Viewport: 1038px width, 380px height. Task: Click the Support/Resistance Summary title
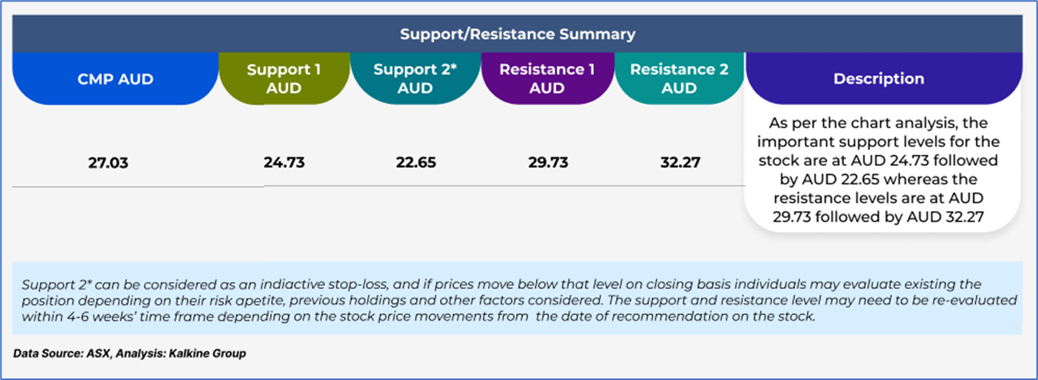517,34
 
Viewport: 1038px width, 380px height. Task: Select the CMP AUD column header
116,79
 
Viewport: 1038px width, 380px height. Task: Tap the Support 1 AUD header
284,78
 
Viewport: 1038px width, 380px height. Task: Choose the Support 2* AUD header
416,78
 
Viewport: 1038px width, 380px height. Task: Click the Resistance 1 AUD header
547,78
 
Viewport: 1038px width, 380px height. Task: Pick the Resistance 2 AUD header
679,78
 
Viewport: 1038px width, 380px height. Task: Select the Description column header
879,78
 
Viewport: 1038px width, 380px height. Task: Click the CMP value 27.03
108,163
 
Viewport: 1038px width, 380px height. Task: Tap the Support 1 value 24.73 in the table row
284,163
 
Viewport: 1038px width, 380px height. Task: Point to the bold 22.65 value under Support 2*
416,163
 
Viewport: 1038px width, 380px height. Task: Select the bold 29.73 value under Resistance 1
548,163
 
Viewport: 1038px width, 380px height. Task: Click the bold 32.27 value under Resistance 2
680,163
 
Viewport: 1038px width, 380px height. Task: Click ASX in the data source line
98,354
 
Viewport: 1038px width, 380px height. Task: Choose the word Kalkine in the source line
188,354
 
